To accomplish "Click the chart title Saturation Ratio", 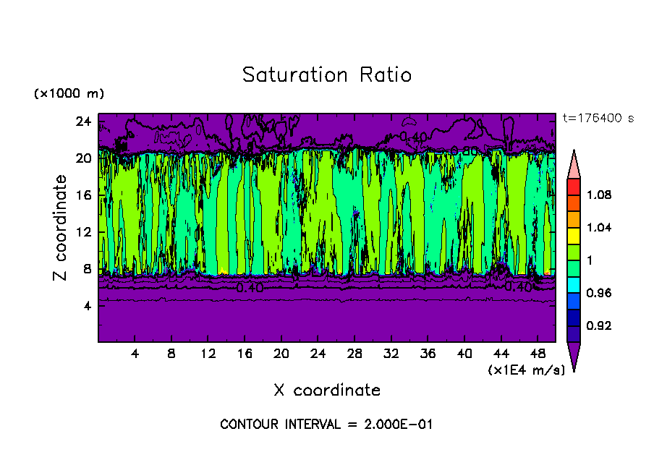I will (x=327, y=75).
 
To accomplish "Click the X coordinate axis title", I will (x=327, y=391).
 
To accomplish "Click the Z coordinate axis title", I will (x=61, y=228).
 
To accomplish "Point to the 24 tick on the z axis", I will (x=82, y=121).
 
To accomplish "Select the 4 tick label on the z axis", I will (x=85, y=306).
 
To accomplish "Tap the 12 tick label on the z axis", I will (x=82, y=232).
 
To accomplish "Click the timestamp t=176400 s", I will (x=598, y=119).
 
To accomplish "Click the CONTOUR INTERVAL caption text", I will (x=326, y=425).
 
